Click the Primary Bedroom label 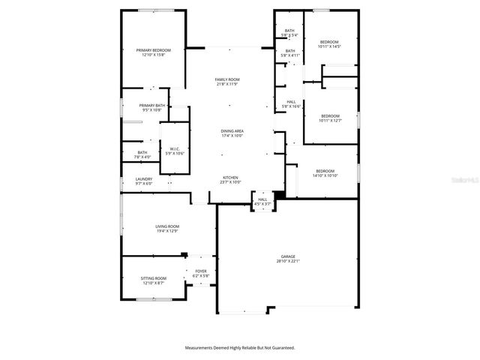[x=153, y=50]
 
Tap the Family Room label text [x=226, y=79]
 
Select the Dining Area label [x=232, y=130]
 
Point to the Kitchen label [x=230, y=178]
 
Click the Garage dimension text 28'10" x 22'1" [x=288, y=261]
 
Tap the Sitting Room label [x=153, y=278]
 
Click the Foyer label [x=201, y=271]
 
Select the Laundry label [x=144, y=178]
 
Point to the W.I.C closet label [x=174, y=148]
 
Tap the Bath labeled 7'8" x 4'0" [x=142, y=152]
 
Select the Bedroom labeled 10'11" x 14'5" [x=330, y=42]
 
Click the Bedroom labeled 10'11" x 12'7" [x=330, y=115]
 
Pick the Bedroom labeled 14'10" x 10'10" [x=325, y=171]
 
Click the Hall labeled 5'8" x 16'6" [x=291, y=102]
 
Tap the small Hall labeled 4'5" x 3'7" [x=262, y=199]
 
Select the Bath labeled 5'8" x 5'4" [x=289, y=31]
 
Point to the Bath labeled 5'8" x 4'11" [x=289, y=51]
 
